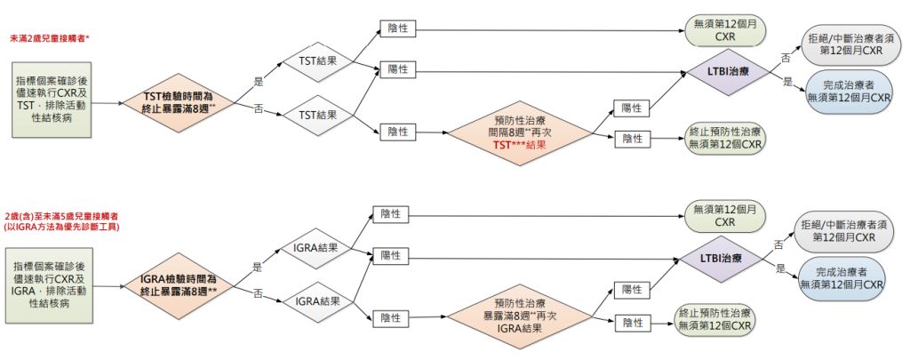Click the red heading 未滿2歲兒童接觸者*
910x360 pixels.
[52, 39]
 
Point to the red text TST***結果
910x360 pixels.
[518, 144]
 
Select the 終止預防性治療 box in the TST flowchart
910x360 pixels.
[726, 138]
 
